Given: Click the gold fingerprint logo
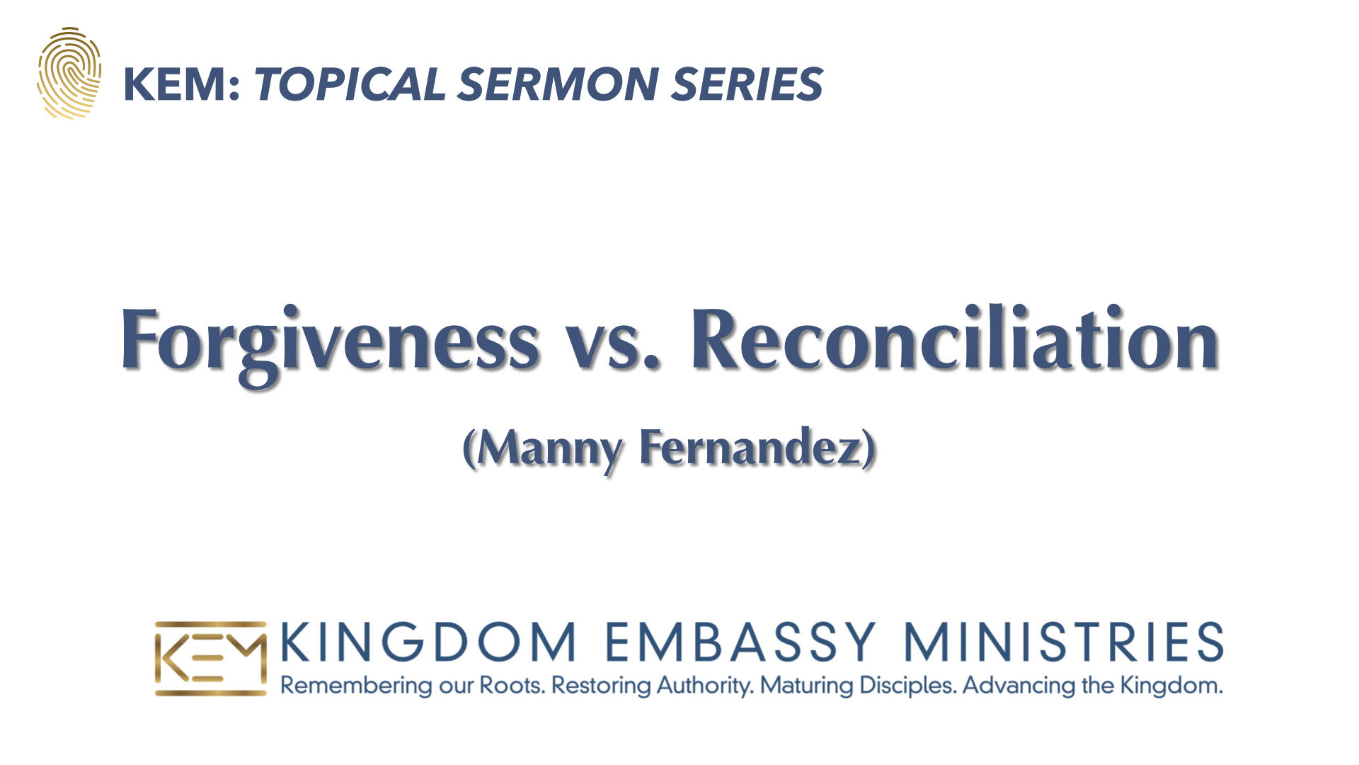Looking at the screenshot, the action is tap(69, 73).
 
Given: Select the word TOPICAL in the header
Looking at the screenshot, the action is tap(350, 84).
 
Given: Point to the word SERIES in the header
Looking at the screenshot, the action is tap(747, 84).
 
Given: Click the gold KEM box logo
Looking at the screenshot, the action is tap(211, 659).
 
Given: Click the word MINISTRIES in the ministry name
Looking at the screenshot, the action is tap(1064, 642).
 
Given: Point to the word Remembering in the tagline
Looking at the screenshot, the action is tap(356, 686).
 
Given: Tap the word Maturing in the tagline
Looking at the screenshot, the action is tap(806, 686).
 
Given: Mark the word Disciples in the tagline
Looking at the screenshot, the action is tap(907, 686).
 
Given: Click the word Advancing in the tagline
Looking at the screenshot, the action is tap(1019, 686).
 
